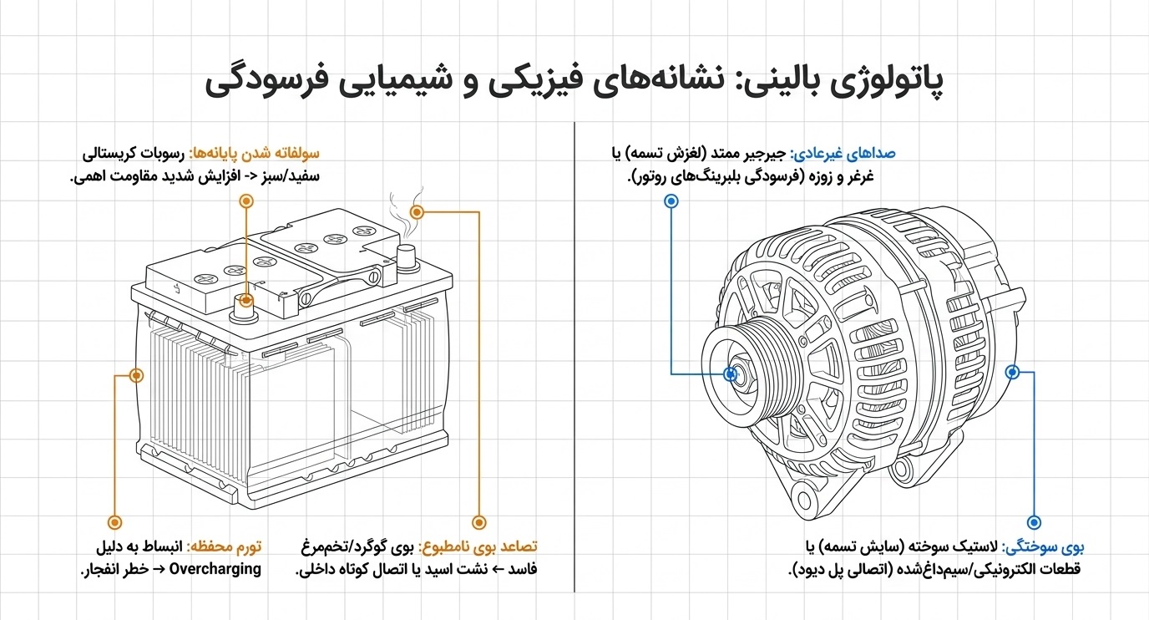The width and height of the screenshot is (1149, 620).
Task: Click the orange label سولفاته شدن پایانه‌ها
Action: [x=255, y=154]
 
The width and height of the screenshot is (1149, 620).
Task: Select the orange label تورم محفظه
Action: [x=224, y=547]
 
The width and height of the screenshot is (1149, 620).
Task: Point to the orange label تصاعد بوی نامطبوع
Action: [x=478, y=547]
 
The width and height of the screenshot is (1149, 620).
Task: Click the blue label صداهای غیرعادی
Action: [x=843, y=154]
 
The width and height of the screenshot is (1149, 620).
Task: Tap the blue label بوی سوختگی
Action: [x=1043, y=547]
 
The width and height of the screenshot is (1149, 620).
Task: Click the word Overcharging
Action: [x=215, y=569]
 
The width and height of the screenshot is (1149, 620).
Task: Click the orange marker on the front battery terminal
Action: [x=246, y=300]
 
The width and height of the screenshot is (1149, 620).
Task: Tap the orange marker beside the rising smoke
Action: [x=417, y=211]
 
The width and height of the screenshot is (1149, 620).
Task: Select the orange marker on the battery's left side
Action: [x=136, y=376]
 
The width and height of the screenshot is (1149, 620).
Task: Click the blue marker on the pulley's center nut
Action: [x=731, y=374]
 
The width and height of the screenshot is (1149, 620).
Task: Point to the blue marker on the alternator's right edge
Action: [x=1012, y=372]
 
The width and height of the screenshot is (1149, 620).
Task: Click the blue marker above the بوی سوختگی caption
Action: [x=1034, y=522]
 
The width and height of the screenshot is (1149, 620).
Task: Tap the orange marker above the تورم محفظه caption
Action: [x=115, y=522]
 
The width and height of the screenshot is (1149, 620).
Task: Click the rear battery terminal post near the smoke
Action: [x=407, y=258]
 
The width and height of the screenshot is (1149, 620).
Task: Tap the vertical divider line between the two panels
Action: [x=574, y=358]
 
